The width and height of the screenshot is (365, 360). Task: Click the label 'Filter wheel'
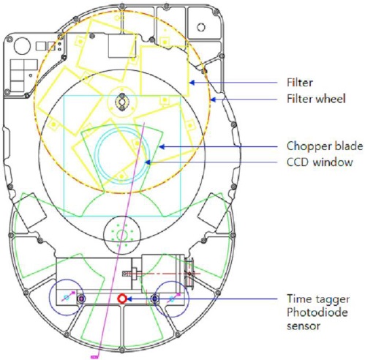click(316, 99)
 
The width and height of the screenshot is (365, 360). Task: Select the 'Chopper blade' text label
click(325, 146)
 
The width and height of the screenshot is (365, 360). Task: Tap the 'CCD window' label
click(320, 162)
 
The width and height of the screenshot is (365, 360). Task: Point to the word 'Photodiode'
click(317, 312)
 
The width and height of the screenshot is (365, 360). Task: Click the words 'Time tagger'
click(318, 299)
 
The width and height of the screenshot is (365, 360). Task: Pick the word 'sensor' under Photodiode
click(304, 326)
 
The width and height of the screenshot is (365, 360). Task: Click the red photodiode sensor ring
click(122, 299)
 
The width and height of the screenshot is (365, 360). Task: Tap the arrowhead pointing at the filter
click(192, 83)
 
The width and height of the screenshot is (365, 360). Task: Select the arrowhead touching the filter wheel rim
click(214, 100)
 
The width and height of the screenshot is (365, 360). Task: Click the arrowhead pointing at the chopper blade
click(162, 147)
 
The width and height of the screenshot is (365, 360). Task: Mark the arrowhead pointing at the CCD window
click(147, 162)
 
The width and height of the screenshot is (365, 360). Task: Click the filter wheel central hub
click(121, 101)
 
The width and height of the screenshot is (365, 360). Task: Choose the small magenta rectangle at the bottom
click(94, 357)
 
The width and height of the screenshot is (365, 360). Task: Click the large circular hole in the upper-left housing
click(22, 46)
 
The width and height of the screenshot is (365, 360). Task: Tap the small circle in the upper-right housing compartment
click(201, 27)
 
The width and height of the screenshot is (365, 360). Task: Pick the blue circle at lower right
click(172, 299)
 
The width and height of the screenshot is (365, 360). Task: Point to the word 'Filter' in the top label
click(300, 83)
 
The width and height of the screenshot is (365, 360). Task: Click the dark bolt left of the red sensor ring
click(81, 299)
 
